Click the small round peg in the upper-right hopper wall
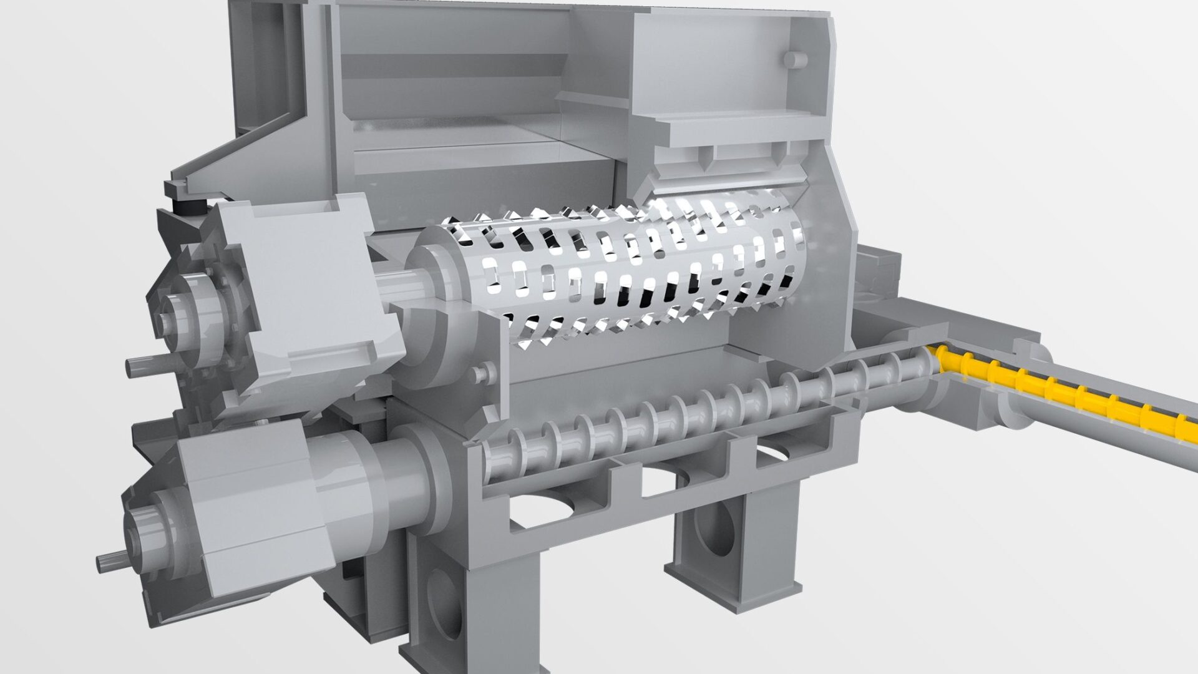pos(794,59)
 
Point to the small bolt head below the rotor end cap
pos(479,374)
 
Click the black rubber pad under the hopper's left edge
pos(190,206)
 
